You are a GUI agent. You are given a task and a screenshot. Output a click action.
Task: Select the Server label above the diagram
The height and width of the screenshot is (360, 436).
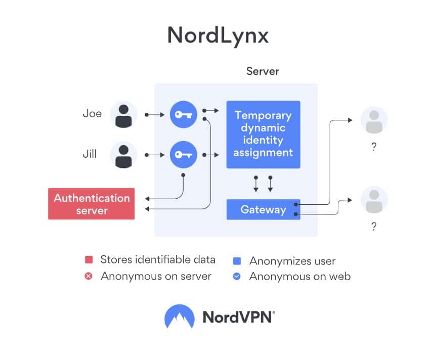[263, 71]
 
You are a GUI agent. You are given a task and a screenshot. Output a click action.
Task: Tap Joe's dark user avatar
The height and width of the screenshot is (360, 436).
[123, 114]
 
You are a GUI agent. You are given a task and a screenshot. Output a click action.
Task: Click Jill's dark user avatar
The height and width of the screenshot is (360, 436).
[123, 155]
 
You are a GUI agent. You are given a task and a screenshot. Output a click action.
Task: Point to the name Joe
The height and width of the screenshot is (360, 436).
[92, 114]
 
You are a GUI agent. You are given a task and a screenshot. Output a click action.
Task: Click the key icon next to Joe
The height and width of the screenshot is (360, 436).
[183, 114]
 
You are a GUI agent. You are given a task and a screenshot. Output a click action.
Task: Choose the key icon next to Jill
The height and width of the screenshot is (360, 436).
[183, 155]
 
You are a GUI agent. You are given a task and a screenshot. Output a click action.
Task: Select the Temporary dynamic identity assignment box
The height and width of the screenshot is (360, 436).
[263, 134]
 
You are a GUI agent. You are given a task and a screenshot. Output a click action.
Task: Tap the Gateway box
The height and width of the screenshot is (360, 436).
[263, 209]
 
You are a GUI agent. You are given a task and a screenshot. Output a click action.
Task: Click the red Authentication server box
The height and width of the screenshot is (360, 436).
[92, 204]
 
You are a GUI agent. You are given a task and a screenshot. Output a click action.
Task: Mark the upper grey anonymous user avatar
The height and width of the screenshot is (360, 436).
[374, 120]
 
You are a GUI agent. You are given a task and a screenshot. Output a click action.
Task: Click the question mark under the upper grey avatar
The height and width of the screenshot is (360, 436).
[374, 147]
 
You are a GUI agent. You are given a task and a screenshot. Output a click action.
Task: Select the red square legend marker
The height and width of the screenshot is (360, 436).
[89, 260]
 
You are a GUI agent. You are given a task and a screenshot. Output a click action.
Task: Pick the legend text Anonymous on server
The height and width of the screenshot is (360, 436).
[156, 276]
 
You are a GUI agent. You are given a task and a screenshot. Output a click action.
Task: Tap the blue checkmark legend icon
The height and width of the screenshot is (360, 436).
[237, 277]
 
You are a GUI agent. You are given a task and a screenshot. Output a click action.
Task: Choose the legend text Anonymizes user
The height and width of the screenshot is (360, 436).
[292, 261]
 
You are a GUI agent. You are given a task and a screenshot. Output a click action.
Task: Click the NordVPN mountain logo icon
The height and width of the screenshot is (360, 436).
[180, 317]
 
